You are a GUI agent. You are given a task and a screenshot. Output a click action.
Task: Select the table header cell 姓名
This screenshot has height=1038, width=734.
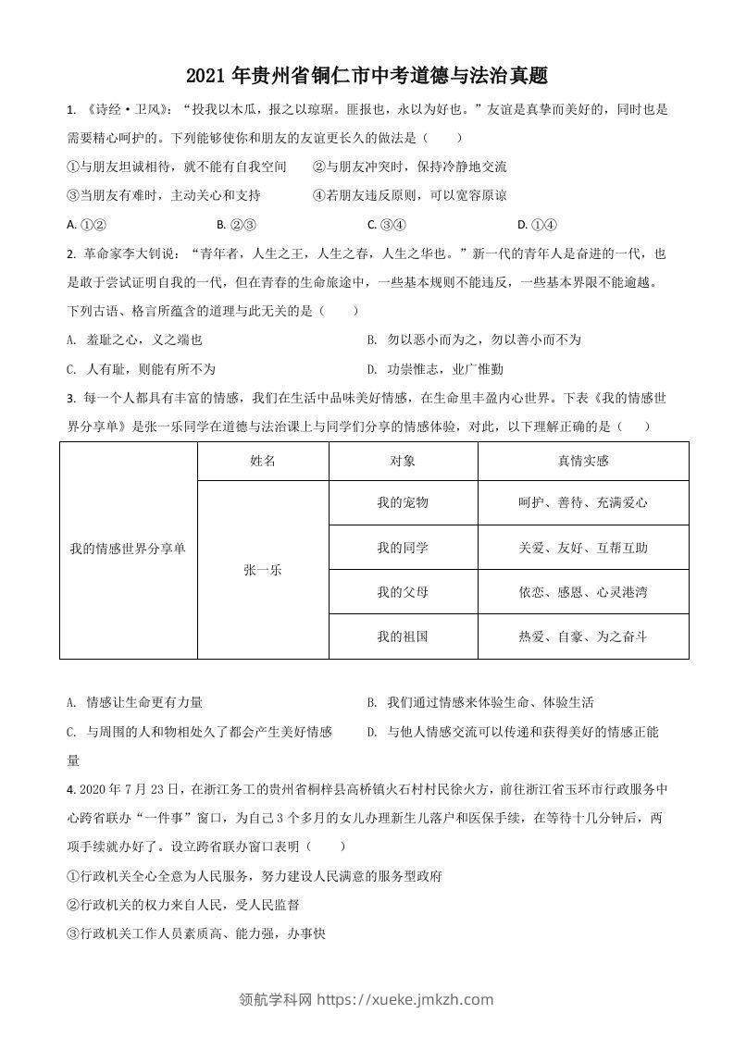tap(263, 461)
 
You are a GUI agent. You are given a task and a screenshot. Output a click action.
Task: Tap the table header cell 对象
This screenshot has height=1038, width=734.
tap(403, 461)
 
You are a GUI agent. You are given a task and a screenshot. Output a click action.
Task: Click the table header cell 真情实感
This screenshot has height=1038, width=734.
tap(583, 461)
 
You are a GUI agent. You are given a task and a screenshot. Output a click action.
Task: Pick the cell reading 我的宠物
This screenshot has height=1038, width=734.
tap(403, 502)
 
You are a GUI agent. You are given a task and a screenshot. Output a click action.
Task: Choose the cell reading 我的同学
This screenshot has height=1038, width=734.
tap(403, 548)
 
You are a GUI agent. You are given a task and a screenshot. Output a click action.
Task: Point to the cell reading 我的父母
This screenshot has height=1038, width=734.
tap(403, 592)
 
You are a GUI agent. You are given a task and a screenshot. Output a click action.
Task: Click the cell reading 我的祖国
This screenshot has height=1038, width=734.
tap(403, 636)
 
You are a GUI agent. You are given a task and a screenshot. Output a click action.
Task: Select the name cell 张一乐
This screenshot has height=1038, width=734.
tap(263, 570)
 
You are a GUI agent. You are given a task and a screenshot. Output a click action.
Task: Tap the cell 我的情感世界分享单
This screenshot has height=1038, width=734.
tap(128, 549)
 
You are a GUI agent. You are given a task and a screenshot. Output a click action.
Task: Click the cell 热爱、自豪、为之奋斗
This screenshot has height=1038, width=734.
tap(583, 636)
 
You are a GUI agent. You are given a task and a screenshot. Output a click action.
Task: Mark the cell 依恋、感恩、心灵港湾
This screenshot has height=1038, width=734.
tap(583, 592)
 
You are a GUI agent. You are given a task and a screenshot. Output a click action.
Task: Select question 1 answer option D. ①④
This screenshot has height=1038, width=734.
tap(537, 224)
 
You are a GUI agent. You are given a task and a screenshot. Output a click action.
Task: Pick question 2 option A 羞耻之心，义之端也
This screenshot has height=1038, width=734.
tap(135, 340)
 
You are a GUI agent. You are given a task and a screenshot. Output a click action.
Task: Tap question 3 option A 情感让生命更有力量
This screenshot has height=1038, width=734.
tap(135, 702)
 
